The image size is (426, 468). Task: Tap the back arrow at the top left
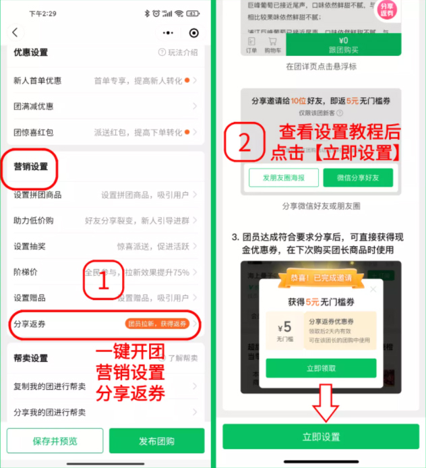pyautogui.click(x=16, y=32)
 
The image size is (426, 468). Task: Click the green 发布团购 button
pyautogui.click(x=156, y=441)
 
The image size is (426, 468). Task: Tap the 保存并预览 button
pyautogui.click(x=55, y=441)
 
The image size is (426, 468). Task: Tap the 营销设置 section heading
pyautogui.click(x=31, y=166)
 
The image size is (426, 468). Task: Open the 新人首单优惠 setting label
pyautogui.click(x=38, y=80)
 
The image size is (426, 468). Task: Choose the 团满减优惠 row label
pyautogui.click(x=34, y=106)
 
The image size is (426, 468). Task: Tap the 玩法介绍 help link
pyautogui.click(x=178, y=53)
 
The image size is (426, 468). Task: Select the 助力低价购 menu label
pyautogui.click(x=34, y=221)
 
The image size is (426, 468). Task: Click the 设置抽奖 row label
pyautogui.click(x=31, y=247)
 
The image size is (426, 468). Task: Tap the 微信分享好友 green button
pyautogui.click(x=357, y=177)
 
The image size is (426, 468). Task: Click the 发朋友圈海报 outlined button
pyautogui.click(x=283, y=177)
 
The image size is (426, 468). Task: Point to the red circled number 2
pyautogui.click(x=245, y=142)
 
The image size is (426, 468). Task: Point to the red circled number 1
pyautogui.click(x=103, y=284)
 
